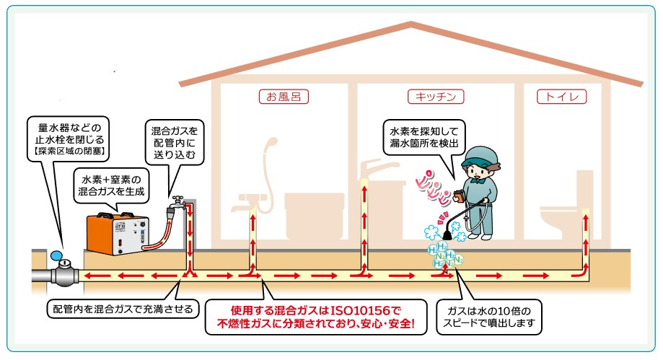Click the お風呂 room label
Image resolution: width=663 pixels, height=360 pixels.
click(x=284, y=97)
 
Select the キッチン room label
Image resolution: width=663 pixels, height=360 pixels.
click(x=436, y=97)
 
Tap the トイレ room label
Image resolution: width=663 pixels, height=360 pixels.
click(x=562, y=97)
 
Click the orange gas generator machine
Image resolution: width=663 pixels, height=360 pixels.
click(x=118, y=234)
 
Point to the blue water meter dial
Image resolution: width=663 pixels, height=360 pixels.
click(x=56, y=255)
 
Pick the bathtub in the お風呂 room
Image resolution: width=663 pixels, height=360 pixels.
click(x=314, y=216)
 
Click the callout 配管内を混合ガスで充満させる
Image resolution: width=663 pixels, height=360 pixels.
click(x=123, y=309)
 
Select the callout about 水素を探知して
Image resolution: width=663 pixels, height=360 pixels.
click(x=424, y=137)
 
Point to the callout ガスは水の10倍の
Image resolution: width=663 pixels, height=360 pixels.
click(x=489, y=317)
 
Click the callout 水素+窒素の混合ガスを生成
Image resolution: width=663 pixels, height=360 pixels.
click(x=112, y=185)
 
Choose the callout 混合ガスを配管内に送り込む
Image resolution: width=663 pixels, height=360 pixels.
click(x=175, y=143)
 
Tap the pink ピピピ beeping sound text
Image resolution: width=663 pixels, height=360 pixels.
click(x=432, y=189)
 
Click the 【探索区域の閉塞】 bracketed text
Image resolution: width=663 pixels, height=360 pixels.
click(x=69, y=151)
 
